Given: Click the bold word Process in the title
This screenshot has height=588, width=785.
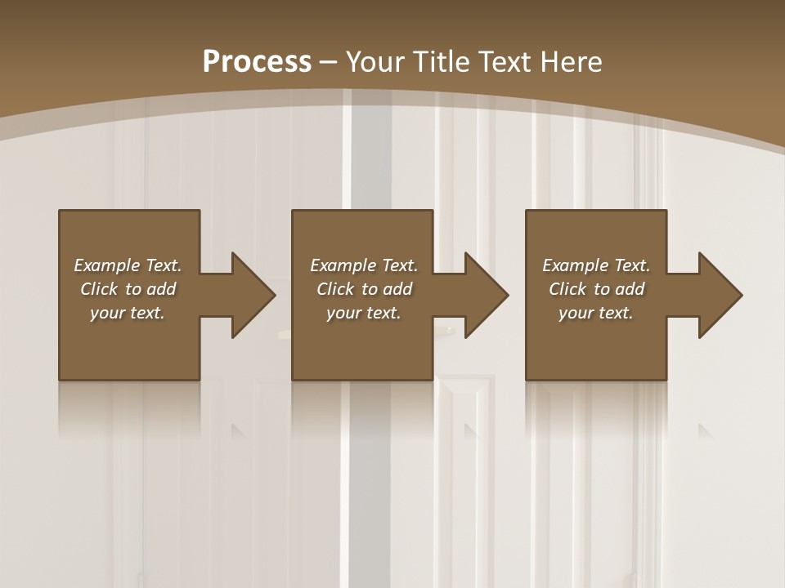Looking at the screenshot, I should coord(257,61).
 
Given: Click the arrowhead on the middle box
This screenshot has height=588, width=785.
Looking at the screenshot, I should coord(485,295).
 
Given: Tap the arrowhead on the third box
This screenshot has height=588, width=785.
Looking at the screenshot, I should coord(718,295).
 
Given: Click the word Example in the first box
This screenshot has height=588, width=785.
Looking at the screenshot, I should coord(106,265).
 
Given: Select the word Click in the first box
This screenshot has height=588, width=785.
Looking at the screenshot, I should coord(99,289).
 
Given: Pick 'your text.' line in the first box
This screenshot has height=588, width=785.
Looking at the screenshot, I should coord(128,313).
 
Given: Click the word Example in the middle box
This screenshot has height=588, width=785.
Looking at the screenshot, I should coord(343,265).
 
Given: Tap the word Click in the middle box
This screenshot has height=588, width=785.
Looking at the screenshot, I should coord(335,289).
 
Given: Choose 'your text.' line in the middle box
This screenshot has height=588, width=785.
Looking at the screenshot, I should coord(364,313).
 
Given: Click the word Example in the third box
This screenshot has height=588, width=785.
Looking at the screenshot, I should coord(575,265).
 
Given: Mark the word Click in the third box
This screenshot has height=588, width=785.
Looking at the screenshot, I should coord(567,289).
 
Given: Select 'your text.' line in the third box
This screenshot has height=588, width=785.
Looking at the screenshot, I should coord(596,313).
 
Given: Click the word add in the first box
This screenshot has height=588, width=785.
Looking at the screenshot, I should coord(162,289).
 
